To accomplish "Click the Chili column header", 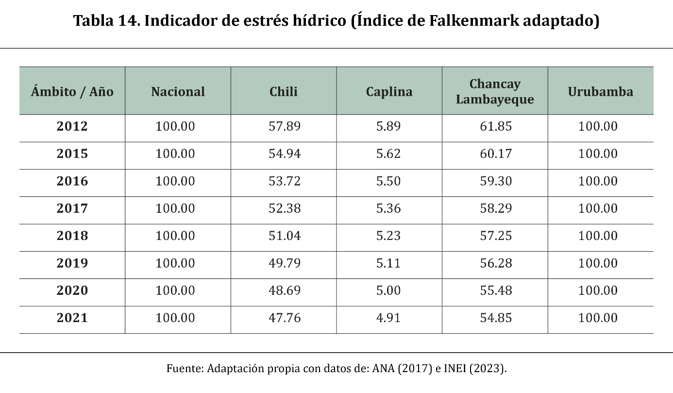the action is (283, 91).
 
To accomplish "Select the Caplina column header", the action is (389, 92).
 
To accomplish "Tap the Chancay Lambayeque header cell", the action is (495, 91).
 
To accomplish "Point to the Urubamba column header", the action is (600, 91).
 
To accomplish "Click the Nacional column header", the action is (178, 91).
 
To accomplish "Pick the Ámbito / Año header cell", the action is (72, 91).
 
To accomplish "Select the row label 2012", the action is (72, 126).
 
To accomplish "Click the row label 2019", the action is (72, 263).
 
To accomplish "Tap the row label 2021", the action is (72, 318).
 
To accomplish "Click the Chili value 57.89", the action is (285, 126).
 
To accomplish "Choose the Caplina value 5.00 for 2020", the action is (388, 290).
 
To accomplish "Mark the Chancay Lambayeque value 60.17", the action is (496, 154).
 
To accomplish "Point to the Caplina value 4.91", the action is (388, 318).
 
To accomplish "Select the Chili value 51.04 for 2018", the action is (285, 236).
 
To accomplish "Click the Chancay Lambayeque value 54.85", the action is (496, 318).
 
